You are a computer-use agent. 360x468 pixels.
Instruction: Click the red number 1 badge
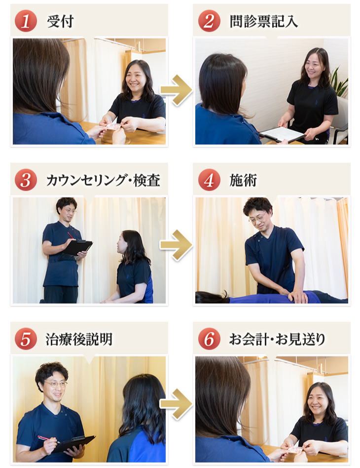pyautogui.click(x=26, y=21)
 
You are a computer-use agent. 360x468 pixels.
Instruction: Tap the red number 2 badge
pyautogui.click(x=209, y=21)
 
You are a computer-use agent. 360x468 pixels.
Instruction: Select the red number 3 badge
pyautogui.click(x=26, y=180)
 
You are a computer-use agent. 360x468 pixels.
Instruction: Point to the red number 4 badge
pyautogui.click(x=209, y=180)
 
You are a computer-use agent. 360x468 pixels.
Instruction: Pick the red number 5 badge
pyautogui.click(x=26, y=339)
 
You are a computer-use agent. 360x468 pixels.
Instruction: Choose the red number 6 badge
pyautogui.click(x=209, y=339)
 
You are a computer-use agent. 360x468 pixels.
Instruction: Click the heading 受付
pyautogui.click(x=60, y=22)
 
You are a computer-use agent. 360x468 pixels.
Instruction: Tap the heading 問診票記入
pyautogui.click(x=264, y=22)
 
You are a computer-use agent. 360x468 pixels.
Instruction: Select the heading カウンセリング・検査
pyautogui.click(x=103, y=180)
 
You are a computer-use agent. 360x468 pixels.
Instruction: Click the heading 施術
pyautogui.click(x=243, y=180)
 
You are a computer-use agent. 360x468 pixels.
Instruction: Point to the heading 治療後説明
pyautogui.click(x=79, y=339)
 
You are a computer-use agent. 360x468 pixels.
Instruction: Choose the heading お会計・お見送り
pyautogui.click(x=277, y=339)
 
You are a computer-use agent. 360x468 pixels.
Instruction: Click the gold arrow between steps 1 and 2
pyautogui.click(x=177, y=90)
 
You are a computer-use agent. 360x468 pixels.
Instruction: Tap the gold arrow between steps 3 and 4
pyautogui.click(x=177, y=245)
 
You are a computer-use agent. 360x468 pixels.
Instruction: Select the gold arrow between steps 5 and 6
pyautogui.click(x=177, y=404)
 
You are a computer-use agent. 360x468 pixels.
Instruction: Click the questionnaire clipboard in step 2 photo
pyautogui.click(x=282, y=134)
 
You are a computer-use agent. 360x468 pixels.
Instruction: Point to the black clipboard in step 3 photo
pyautogui.click(x=77, y=247)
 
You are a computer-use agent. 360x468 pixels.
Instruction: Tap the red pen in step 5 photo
pyautogui.click(x=48, y=439)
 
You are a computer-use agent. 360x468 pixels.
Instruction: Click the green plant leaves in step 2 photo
pyautogui.click(x=339, y=82)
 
